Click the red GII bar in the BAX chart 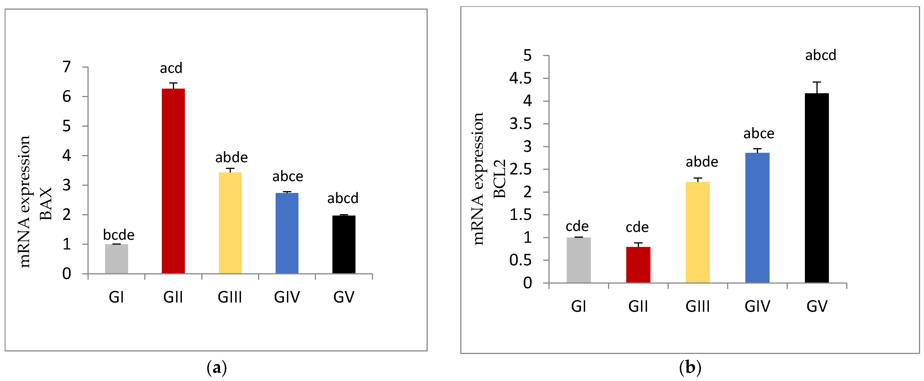click(173, 181)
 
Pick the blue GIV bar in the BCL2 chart click(757, 218)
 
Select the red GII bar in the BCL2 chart click(638, 265)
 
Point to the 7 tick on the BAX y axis click(67, 67)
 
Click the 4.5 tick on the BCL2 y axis click(521, 78)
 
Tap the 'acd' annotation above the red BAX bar click(171, 68)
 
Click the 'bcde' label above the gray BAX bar click(118, 235)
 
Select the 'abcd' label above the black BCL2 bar click(821, 55)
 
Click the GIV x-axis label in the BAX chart click(287, 297)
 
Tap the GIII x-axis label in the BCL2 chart click(698, 306)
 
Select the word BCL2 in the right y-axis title click(500, 179)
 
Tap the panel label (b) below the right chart click(690, 368)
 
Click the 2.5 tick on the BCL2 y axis click(521, 169)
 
